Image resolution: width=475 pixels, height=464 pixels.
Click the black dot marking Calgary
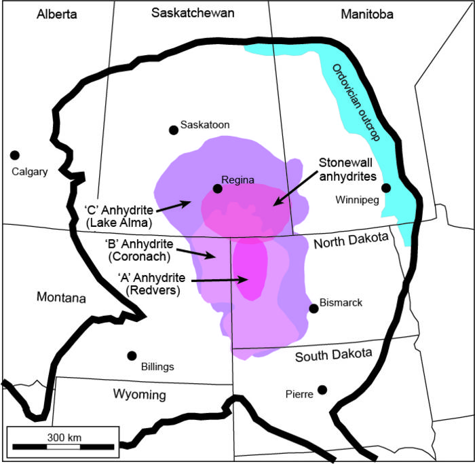[x=14, y=156]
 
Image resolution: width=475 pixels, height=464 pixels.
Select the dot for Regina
[x=217, y=189]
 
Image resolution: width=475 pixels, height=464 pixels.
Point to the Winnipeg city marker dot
[x=386, y=188]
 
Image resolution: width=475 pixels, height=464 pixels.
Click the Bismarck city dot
[x=313, y=308]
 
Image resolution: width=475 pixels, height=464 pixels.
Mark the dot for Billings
[x=132, y=355]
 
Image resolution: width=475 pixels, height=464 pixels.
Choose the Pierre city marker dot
[x=322, y=389]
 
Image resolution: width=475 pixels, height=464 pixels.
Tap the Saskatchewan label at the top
[x=193, y=13]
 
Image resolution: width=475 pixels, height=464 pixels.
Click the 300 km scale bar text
[x=65, y=437]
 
